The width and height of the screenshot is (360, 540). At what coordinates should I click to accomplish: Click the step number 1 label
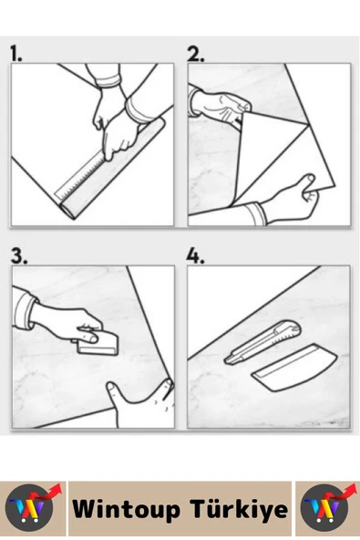(15, 54)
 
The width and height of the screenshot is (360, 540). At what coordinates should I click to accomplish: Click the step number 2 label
(195, 54)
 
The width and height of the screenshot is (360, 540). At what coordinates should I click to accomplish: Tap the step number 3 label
(19, 255)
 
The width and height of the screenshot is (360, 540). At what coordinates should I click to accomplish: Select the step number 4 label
(195, 255)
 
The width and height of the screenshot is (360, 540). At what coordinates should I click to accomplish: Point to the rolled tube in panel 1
(112, 169)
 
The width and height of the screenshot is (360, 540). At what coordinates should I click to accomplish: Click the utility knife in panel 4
(262, 342)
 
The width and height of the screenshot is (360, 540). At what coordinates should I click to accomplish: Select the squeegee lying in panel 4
(295, 367)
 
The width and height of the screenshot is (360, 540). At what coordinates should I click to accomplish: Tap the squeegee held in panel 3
(98, 345)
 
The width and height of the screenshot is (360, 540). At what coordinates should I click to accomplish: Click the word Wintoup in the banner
(126, 509)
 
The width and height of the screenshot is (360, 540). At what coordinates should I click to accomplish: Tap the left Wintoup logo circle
(30, 509)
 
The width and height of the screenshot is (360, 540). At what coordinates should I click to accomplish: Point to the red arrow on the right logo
(342, 491)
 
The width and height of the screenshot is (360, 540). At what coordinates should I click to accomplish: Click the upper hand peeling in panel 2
(221, 105)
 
